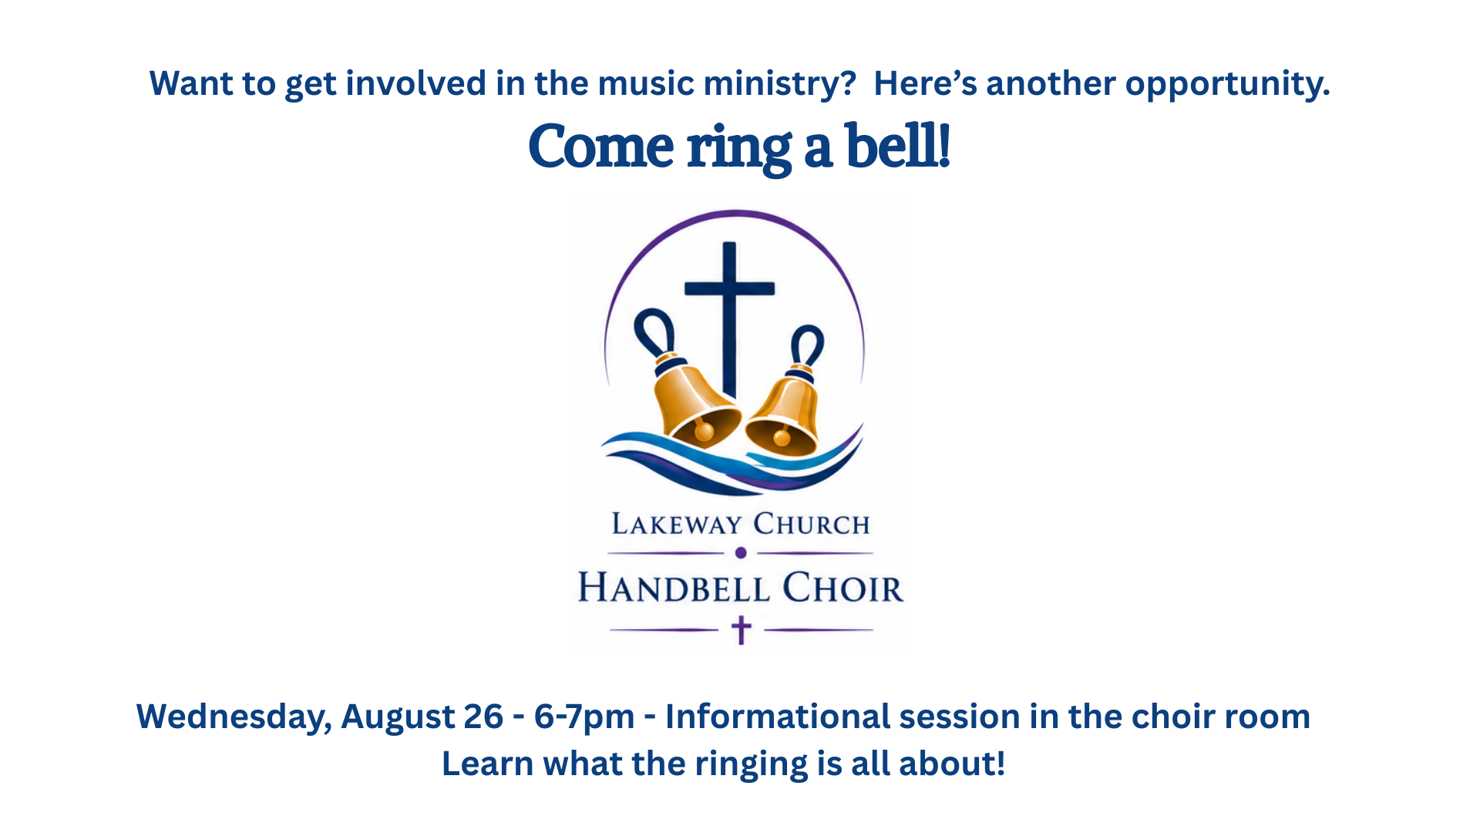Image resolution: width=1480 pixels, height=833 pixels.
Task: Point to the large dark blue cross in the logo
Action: [x=729, y=320]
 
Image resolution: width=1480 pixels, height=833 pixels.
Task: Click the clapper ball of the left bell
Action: [x=704, y=432]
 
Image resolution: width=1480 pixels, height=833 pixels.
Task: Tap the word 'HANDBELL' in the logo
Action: [x=674, y=588]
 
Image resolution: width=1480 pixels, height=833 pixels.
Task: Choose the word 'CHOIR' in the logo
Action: [x=843, y=588]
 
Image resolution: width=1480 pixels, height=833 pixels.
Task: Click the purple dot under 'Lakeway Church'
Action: [x=741, y=553]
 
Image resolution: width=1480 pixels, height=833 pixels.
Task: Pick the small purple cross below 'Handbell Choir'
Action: [x=741, y=630]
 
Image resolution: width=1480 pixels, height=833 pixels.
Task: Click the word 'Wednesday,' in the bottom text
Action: [x=234, y=717]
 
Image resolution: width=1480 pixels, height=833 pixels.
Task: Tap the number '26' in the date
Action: [x=483, y=717]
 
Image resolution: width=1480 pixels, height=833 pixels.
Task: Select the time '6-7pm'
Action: [x=584, y=718]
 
